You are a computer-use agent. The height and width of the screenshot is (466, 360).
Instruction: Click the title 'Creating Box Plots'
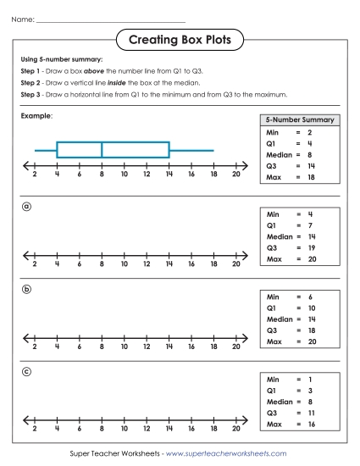179,39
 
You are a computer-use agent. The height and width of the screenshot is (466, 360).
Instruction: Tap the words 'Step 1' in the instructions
31,73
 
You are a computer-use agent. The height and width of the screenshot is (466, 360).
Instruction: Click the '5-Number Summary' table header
300,120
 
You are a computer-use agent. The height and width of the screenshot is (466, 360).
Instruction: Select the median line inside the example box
102,150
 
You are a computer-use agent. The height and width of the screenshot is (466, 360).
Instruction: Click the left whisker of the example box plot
45,150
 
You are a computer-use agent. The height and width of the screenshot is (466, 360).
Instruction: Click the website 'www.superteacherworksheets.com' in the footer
226,454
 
